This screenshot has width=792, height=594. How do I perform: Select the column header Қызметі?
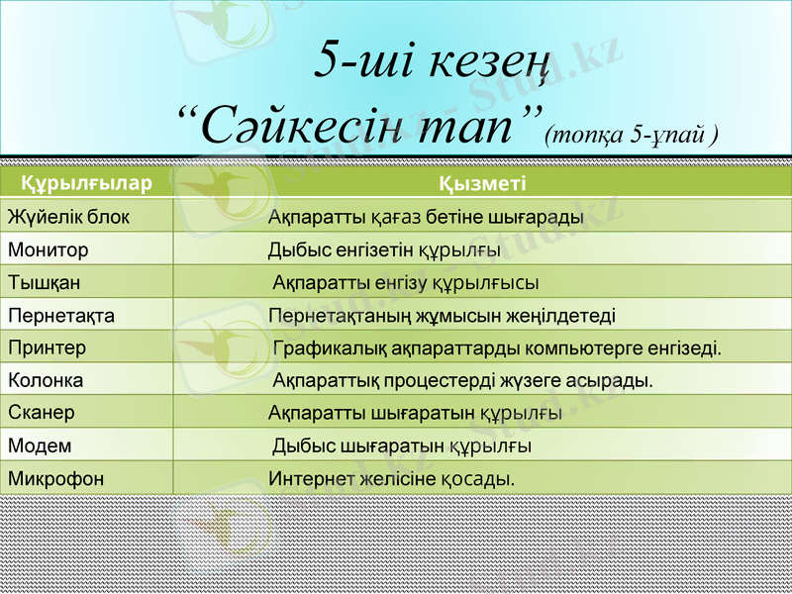coord(482,183)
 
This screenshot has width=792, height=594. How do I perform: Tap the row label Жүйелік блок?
coord(68,217)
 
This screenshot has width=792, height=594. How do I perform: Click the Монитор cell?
coord(49,250)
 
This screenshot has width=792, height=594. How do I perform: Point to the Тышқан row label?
coord(45,282)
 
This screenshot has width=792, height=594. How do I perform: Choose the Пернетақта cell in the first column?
coord(61,316)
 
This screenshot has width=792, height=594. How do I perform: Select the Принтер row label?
coord(48,348)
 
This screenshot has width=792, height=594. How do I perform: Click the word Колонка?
coord(46,380)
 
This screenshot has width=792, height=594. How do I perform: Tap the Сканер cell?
coord(42,412)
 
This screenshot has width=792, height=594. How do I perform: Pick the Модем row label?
coord(40,445)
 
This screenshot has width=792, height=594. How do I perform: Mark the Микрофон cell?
coord(55,478)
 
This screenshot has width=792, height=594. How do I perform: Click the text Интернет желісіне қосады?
coord(392,479)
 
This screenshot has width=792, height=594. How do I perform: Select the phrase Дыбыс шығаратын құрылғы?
coord(401,446)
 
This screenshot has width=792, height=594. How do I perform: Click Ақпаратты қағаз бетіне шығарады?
coord(426,217)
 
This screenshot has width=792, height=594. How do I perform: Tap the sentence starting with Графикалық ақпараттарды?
coord(497,348)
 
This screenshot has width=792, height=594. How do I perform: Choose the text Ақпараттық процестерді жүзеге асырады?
coord(462,380)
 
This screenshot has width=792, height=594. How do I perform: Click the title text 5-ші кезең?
coord(432,61)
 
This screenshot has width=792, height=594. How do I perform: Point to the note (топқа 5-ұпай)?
coord(631,135)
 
